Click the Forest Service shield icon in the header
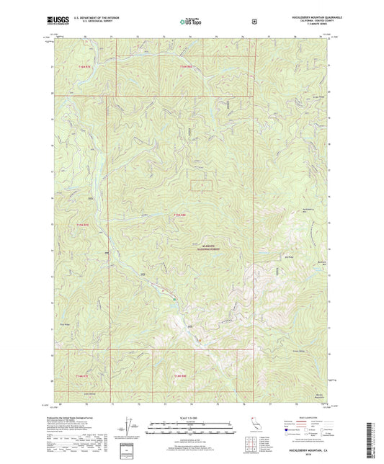coord(254,22)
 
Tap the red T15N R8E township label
coord(180,213)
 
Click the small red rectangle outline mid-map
coord(202,184)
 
